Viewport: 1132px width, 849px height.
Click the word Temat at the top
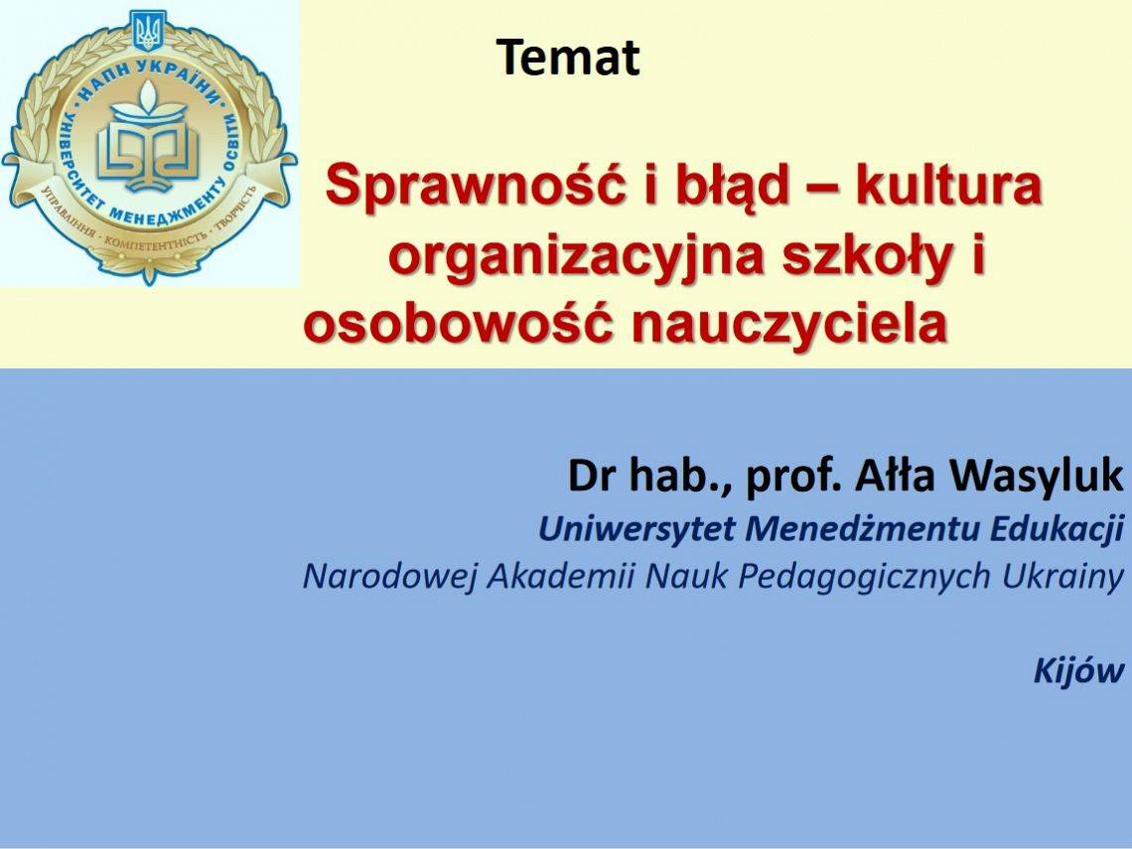[x=568, y=57]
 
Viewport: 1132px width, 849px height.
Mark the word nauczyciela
[x=789, y=325]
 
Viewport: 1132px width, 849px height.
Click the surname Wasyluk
[x=1036, y=477]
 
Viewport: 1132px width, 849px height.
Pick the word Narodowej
[x=390, y=577]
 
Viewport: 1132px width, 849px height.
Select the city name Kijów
[x=1078, y=670]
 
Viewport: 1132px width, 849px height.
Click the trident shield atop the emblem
[x=149, y=31]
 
